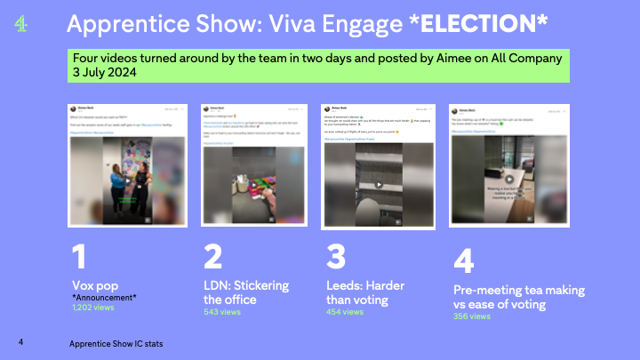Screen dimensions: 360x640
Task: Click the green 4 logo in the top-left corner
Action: point(21,25)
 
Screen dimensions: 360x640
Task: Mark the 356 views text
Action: point(472,316)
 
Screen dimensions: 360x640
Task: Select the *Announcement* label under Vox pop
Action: point(105,297)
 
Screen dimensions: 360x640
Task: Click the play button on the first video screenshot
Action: point(127,178)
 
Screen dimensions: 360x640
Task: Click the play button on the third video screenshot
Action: point(377,185)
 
